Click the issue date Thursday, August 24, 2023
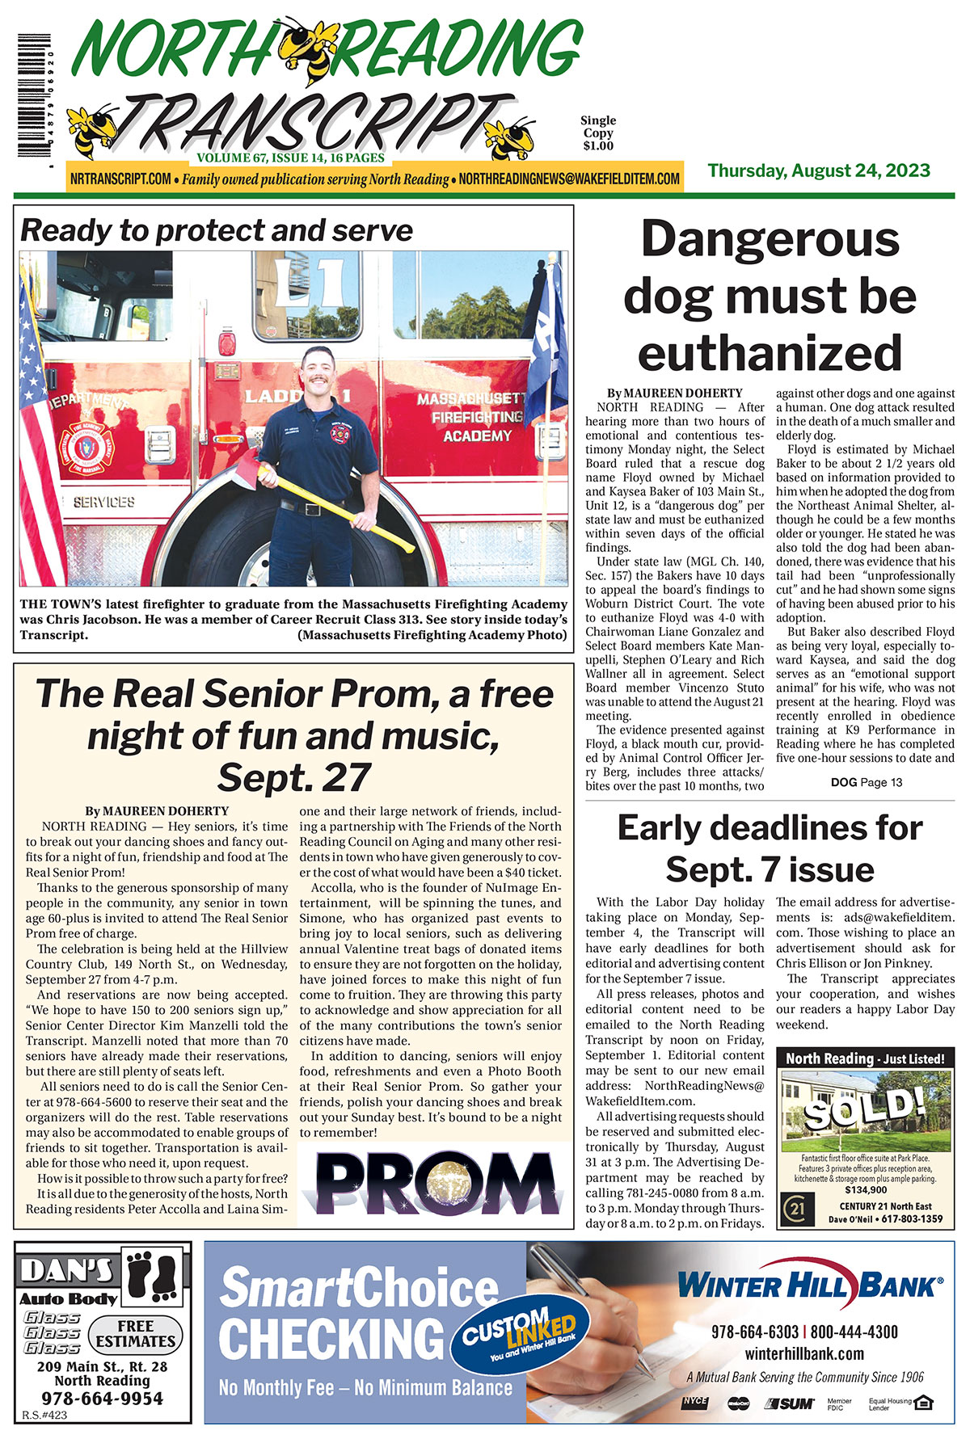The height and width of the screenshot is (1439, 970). pyautogui.click(x=819, y=171)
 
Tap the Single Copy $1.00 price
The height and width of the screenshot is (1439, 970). pyautogui.click(x=598, y=133)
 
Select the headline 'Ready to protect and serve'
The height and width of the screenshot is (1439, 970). pyautogui.click(x=217, y=231)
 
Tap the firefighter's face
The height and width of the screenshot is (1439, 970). pyautogui.click(x=316, y=373)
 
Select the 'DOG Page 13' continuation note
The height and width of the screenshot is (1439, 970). pyautogui.click(x=867, y=782)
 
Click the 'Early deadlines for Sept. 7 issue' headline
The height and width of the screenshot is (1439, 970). pyautogui.click(x=770, y=848)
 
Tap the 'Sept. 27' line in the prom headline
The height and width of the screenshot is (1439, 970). pyautogui.click(x=293, y=777)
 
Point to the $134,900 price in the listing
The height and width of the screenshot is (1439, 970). pyautogui.click(x=866, y=1189)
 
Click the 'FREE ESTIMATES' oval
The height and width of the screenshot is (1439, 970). pyautogui.click(x=135, y=1333)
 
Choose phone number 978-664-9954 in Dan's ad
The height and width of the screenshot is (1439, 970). pyautogui.click(x=102, y=1399)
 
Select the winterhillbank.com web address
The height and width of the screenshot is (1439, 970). pyautogui.click(x=804, y=1353)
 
